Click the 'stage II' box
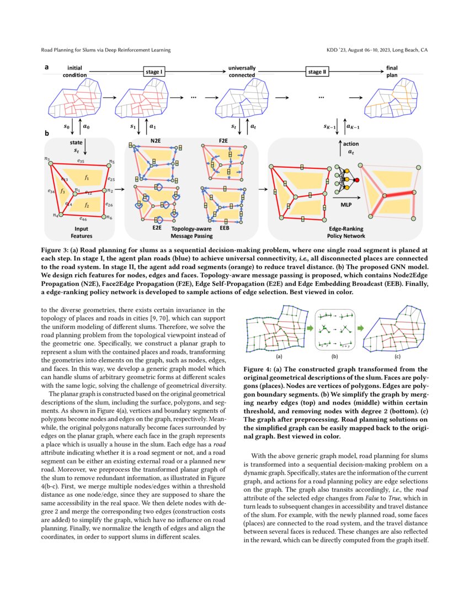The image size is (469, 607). (x=317, y=72)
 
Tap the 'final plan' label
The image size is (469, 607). (x=392, y=71)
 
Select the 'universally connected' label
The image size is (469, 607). (x=242, y=71)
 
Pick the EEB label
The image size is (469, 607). (x=225, y=227)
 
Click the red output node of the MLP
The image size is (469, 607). (x=356, y=180)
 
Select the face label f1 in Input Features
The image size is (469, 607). (x=87, y=177)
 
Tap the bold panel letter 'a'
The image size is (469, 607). (x=47, y=67)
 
